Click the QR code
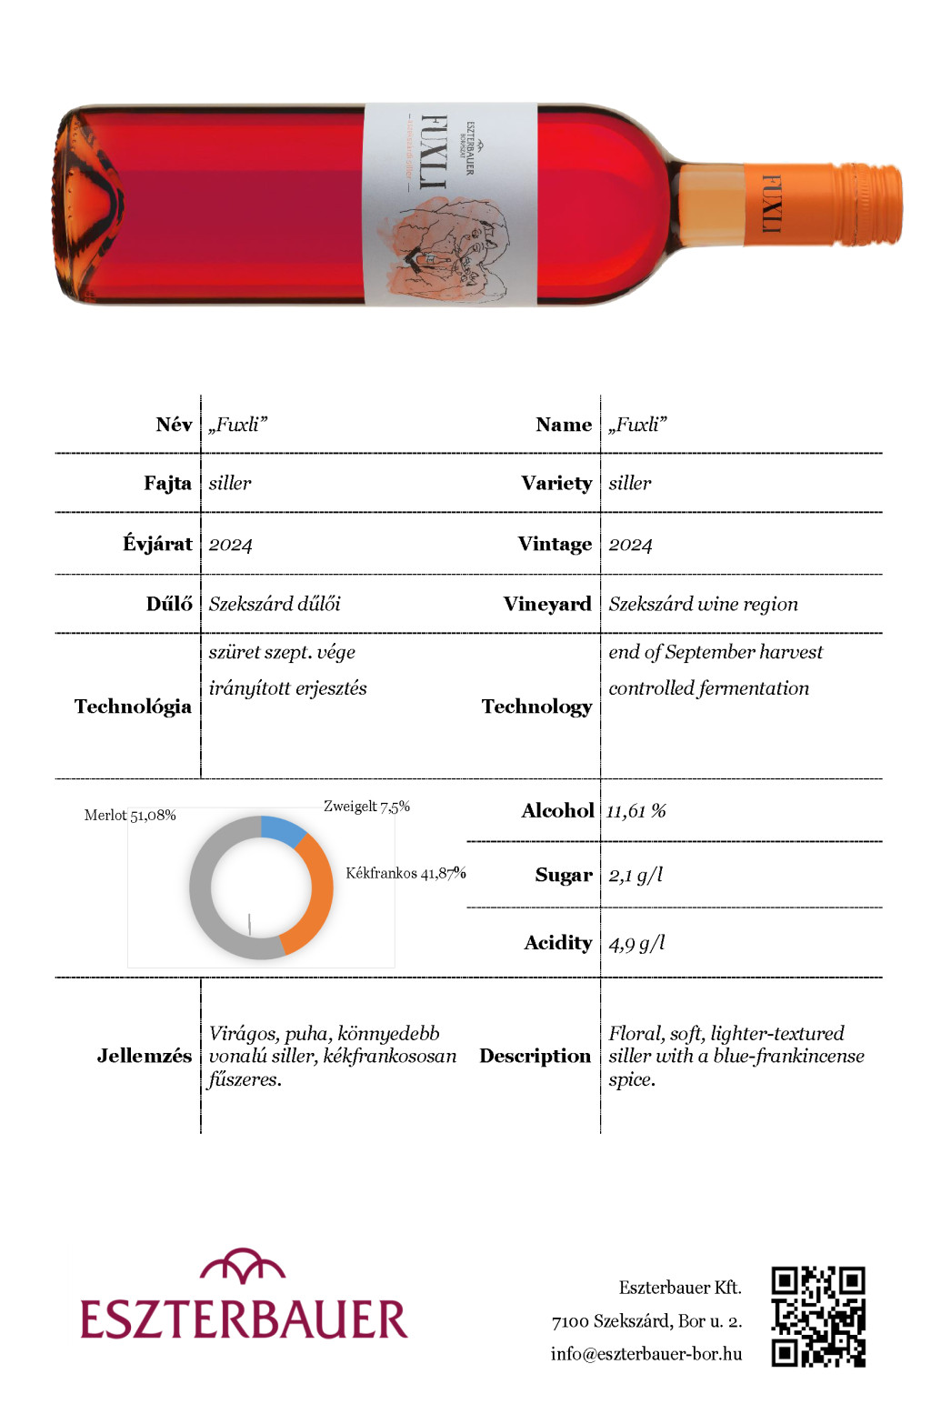point(818,1316)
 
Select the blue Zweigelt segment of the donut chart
point(283,829)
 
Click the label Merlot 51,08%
point(130,816)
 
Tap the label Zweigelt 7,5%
point(366,807)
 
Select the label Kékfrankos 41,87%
point(405,873)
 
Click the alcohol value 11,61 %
point(636,811)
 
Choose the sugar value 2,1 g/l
point(636,875)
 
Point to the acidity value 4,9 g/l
point(636,943)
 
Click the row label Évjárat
point(157,544)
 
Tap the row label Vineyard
point(547,605)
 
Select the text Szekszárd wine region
point(703,605)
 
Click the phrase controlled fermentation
point(708,688)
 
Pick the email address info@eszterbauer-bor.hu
point(646,1354)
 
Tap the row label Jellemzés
point(144,1056)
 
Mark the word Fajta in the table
point(167,483)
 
